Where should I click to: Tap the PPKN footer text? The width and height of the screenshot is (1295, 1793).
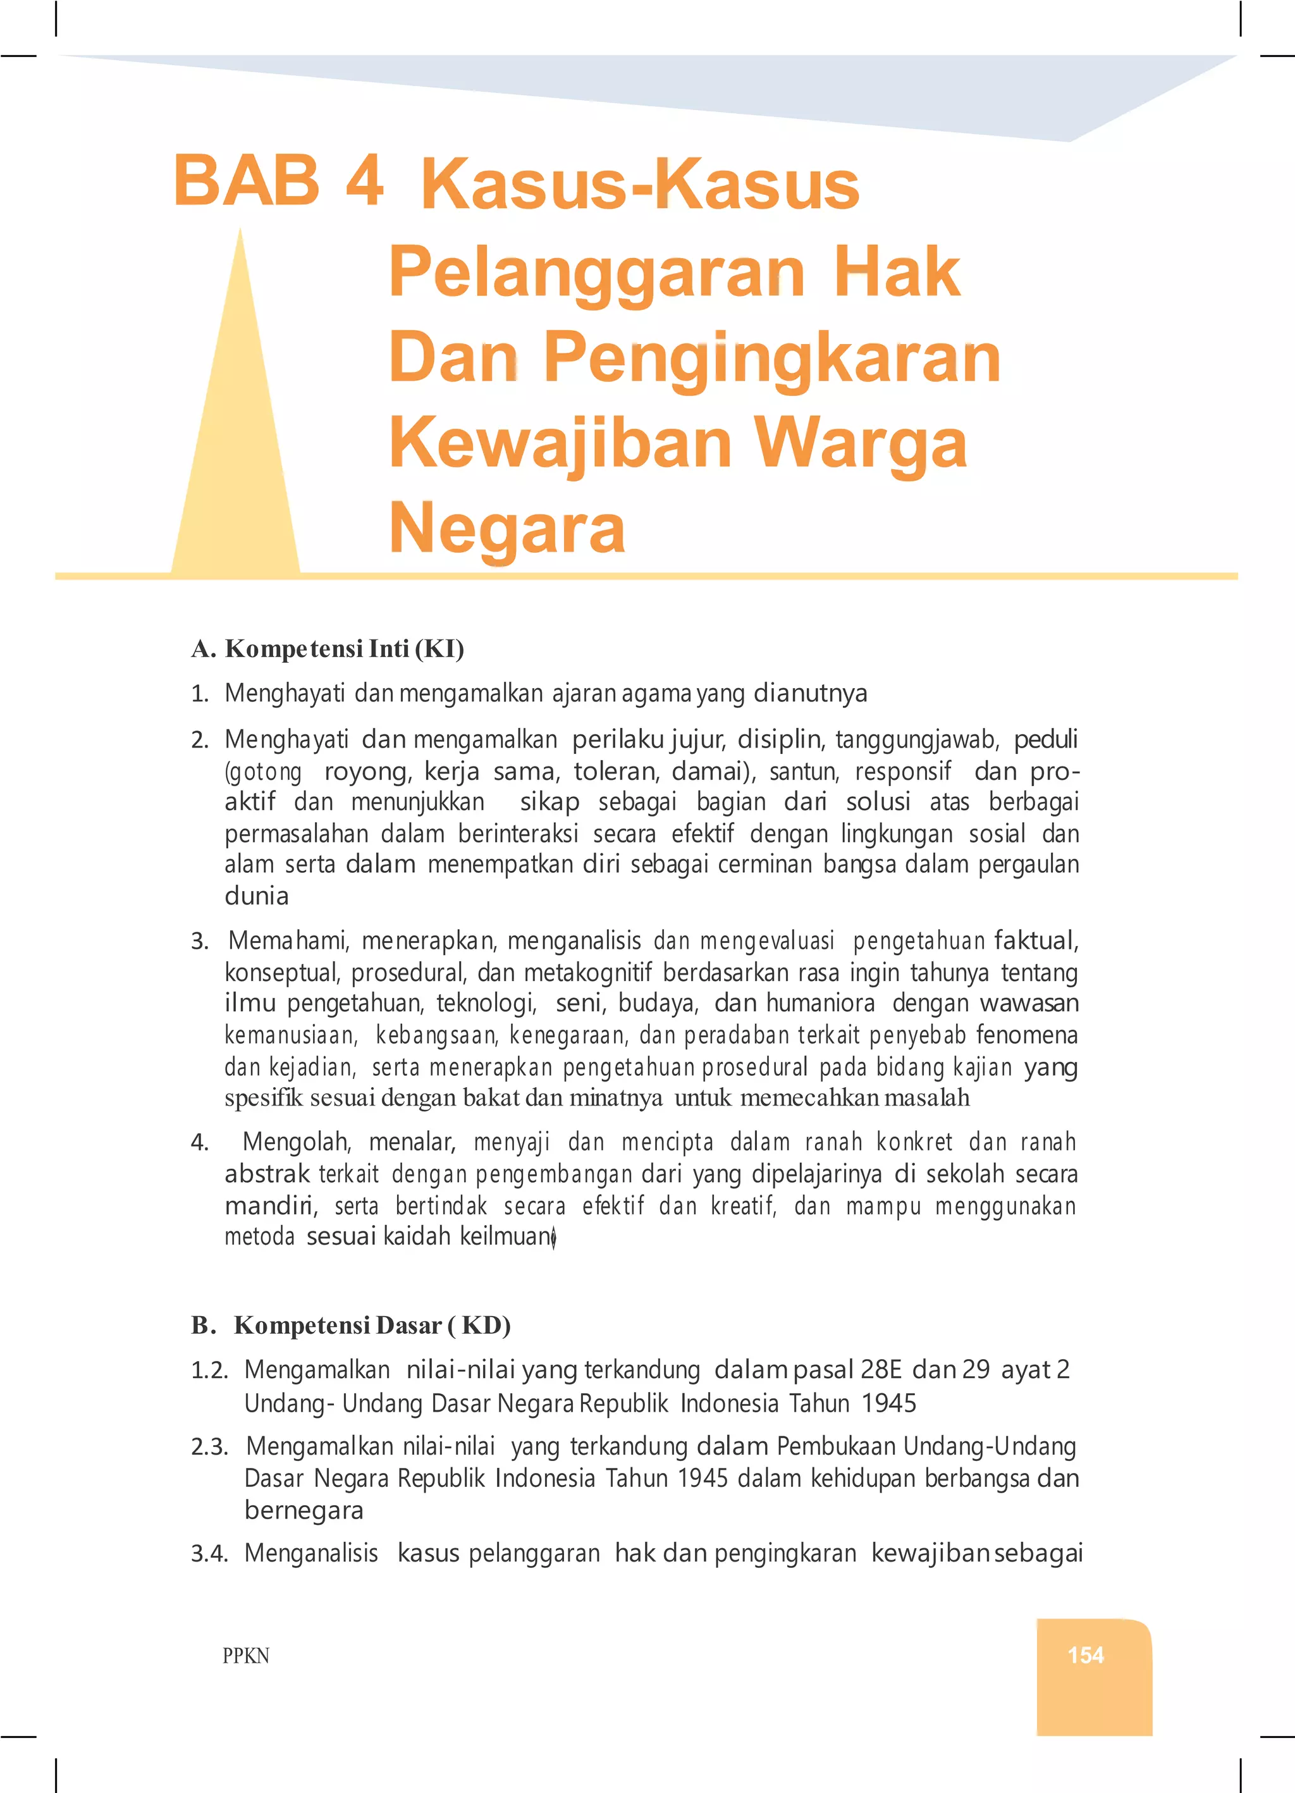tap(246, 1656)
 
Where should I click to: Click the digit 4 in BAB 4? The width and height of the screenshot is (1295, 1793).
tap(364, 180)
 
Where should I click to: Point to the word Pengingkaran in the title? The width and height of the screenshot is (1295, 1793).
tap(773, 358)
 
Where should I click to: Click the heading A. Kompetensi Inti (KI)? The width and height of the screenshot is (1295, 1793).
tap(328, 649)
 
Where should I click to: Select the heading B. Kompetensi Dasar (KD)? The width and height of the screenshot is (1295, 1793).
tap(350, 1325)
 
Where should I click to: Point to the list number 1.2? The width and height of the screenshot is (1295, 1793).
tap(209, 1370)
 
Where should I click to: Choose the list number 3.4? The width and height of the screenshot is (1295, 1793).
tap(209, 1553)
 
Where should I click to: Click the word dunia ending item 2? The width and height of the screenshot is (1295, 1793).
tap(256, 896)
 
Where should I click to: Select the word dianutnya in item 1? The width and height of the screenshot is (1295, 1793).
tap(809, 693)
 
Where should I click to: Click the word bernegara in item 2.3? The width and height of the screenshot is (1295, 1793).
tap(304, 1510)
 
